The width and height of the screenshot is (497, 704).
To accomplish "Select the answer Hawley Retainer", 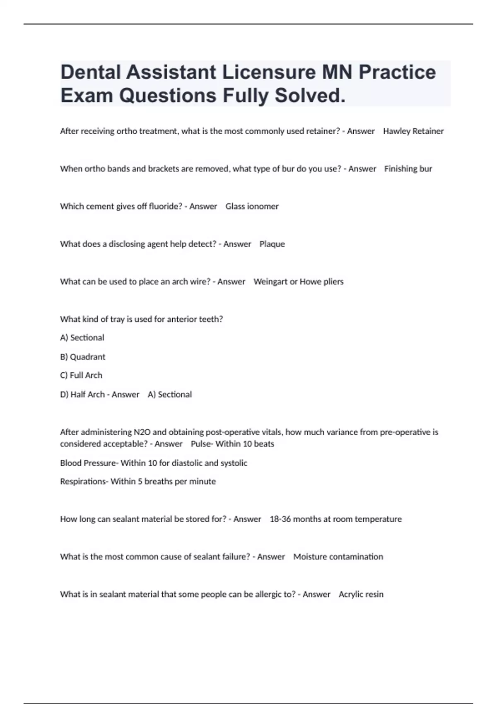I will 413,131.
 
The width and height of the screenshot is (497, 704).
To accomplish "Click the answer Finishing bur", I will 408,169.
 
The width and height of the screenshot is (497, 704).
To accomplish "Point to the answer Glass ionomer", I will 252,206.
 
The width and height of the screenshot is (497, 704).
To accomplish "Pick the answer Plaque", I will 272,244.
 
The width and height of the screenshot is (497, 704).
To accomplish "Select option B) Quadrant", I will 83,357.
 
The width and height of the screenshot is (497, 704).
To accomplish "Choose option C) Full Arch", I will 81,375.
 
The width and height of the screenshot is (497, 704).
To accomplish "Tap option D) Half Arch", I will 82,394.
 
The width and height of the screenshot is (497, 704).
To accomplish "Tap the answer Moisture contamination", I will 338,557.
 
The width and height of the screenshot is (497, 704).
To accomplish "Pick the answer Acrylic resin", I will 361,594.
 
